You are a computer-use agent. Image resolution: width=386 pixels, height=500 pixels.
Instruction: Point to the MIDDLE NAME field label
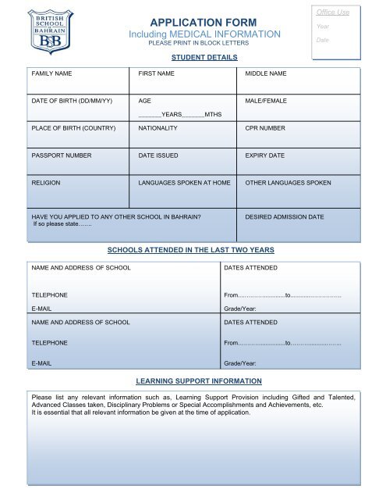[266, 73]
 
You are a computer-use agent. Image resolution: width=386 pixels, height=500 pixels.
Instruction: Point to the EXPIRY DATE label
[265, 156]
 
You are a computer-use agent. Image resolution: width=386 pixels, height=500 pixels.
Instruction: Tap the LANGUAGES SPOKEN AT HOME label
[184, 183]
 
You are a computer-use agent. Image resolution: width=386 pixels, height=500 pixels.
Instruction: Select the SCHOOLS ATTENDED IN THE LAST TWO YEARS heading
[189, 249]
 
